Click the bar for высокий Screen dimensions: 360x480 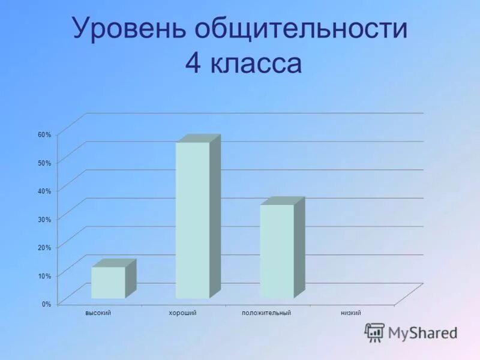(108, 283)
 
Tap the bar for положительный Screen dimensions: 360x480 (277, 251)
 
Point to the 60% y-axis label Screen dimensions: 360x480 (44, 134)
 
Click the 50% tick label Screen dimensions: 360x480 (44, 163)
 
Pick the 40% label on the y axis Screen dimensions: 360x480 (44, 191)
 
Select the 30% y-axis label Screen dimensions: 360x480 (44, 219)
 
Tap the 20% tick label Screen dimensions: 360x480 (44, 247)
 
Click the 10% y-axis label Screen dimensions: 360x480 (44, 275)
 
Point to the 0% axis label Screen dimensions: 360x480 (46, 304)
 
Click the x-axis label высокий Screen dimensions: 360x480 (99, 313)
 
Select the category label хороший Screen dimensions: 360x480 (183, 313)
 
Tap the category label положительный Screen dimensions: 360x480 (266, 313)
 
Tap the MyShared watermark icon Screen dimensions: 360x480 (375, 332)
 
